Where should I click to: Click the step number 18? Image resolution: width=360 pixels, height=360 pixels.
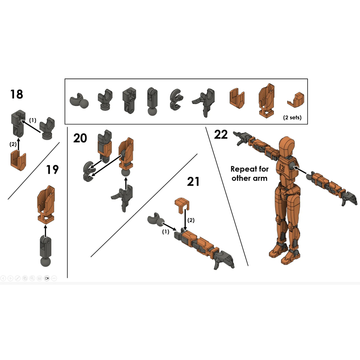(17, 94)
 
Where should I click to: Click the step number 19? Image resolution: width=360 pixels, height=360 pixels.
(52, 170)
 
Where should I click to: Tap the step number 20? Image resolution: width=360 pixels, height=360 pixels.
(80, 138)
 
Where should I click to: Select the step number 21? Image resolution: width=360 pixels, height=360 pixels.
(193, 182)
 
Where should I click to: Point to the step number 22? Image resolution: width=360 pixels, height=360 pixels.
(221, 134)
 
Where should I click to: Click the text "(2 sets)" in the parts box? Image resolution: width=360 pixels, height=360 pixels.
(292, 117)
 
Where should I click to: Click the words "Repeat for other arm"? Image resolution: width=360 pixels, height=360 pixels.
(250, 174)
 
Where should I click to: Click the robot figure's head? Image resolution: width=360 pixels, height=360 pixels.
(287, 146)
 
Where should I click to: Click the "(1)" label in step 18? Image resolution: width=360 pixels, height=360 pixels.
(33, 120)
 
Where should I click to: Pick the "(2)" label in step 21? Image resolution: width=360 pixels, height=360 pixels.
(191, 220)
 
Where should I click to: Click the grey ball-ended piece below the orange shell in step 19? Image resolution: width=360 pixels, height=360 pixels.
(45, 251)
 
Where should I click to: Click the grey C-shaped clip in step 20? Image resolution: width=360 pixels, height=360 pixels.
(88, 172)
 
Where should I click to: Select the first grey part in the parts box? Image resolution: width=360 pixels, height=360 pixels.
(79, 101)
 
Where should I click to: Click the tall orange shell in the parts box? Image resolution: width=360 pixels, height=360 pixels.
(266, 101)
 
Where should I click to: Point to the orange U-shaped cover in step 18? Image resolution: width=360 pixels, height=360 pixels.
(18, 160)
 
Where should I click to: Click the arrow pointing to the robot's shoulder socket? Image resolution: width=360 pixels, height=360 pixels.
(300, 170)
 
